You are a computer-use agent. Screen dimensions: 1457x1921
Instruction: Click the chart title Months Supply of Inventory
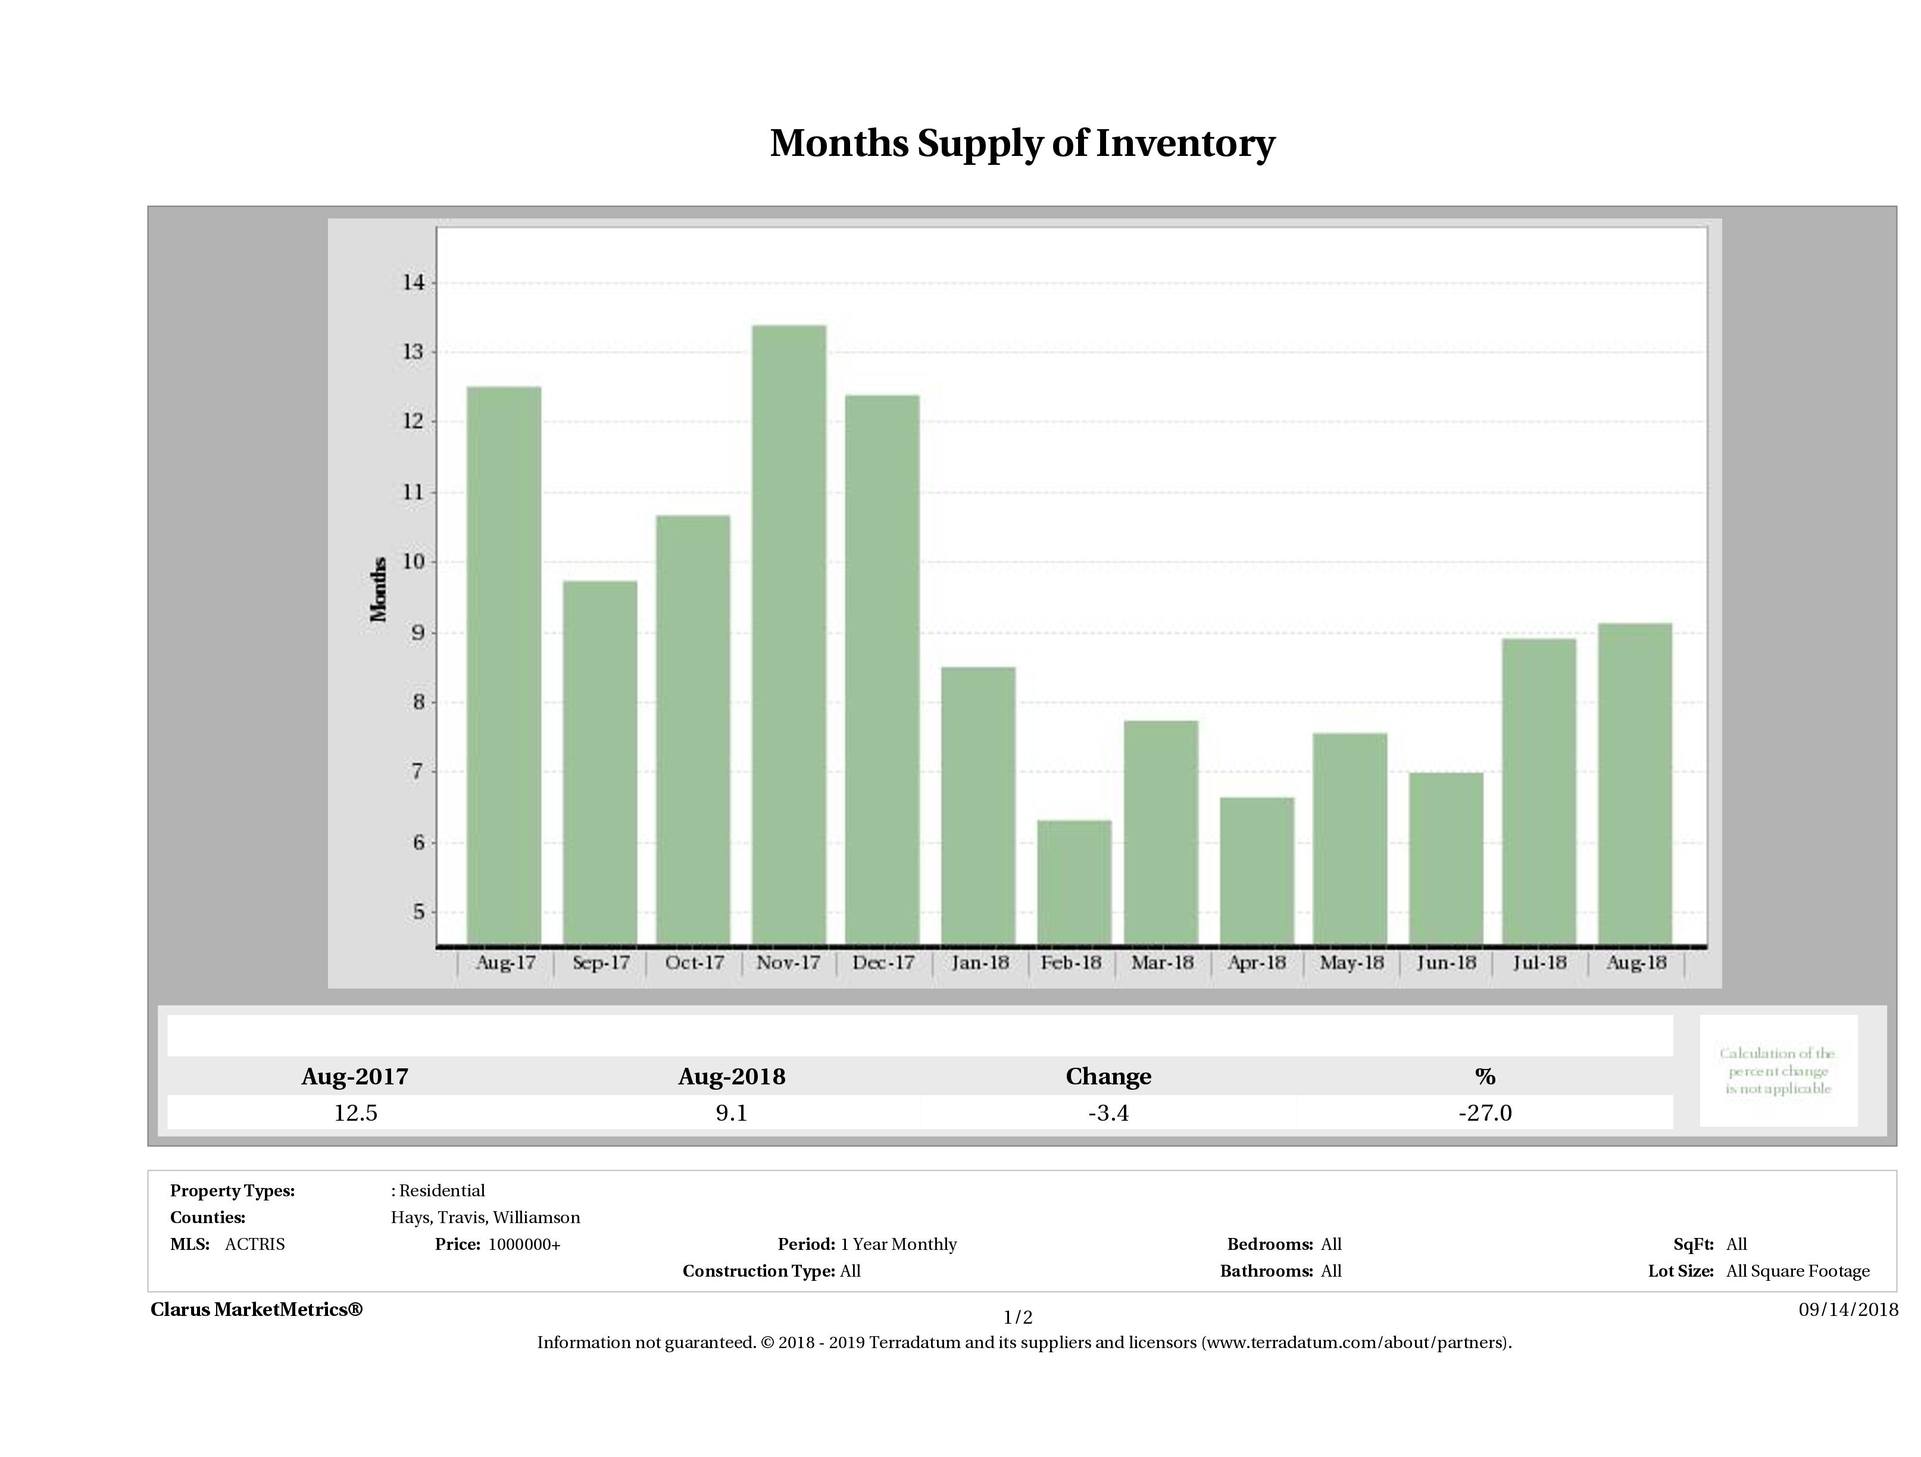coord(1022,143)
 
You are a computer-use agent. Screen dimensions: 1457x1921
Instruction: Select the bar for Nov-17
coord(789,634)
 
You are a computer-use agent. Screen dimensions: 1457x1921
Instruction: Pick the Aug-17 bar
coord(504,664)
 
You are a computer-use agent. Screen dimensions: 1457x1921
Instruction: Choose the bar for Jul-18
coord(1539,790)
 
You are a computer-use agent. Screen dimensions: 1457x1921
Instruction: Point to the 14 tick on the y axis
coord(413,282)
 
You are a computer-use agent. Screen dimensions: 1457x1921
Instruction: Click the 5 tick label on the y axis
coord(418,912)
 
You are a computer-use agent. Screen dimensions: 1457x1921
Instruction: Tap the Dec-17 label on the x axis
coord(883,962)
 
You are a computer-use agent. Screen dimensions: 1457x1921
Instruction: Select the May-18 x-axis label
coord(1351,962)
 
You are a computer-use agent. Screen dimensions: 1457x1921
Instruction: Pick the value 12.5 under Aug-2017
coord(355,1112)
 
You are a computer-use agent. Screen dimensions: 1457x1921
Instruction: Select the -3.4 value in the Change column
coord(1108,1112)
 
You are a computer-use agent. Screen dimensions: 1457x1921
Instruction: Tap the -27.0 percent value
coord(1485,1112)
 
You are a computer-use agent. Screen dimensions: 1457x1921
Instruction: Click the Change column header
coord(1108,1077)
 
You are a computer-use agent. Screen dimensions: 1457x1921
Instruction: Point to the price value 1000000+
coord(524,1245)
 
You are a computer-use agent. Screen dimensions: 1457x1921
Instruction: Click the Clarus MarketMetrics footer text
coord(256,1309)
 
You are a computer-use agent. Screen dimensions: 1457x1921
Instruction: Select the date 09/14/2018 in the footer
coord(1848,1309)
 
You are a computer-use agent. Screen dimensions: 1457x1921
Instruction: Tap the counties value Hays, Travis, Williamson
coord(486,1217)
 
